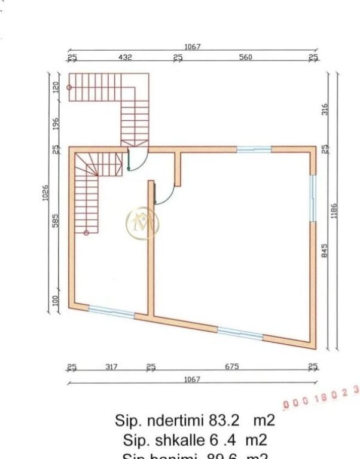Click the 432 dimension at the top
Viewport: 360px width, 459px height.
point(125,57)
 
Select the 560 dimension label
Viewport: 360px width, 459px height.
point(245,57)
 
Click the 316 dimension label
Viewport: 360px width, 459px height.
point(325,109)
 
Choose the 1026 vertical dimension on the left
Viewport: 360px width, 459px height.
point(45,192)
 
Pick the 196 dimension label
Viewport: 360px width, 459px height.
point(56,124)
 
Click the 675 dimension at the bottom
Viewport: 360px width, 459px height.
point(232,367)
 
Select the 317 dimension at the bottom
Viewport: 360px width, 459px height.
point(112,367)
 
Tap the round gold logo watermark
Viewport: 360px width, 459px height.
point(142,222)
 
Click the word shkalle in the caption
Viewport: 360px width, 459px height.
point(175,440)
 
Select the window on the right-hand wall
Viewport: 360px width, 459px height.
point(312,198)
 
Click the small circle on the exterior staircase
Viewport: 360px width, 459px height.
point(69,87)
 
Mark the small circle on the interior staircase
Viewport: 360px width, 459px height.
point(86,232)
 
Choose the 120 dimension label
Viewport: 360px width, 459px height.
point(56,87)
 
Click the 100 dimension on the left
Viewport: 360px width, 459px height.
point(56,300)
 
